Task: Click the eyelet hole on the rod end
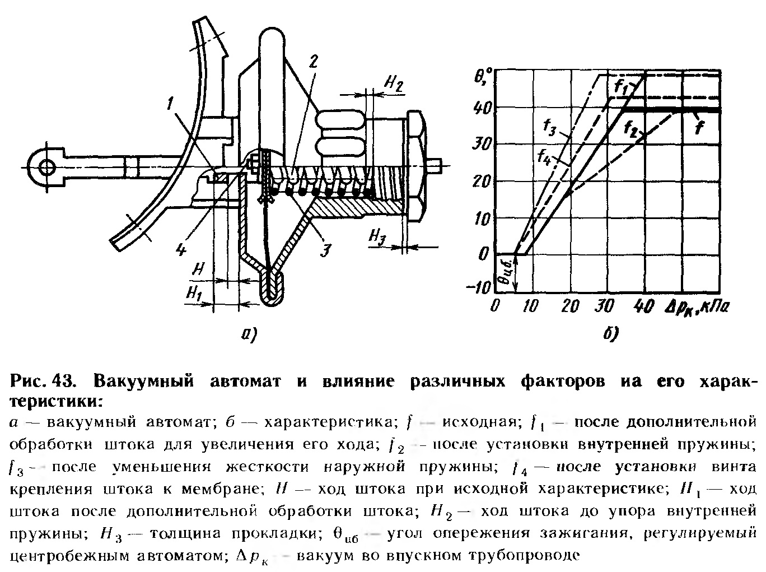click(46, 166)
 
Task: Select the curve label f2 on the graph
click(633, 128)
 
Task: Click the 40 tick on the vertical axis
click(483, 108)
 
